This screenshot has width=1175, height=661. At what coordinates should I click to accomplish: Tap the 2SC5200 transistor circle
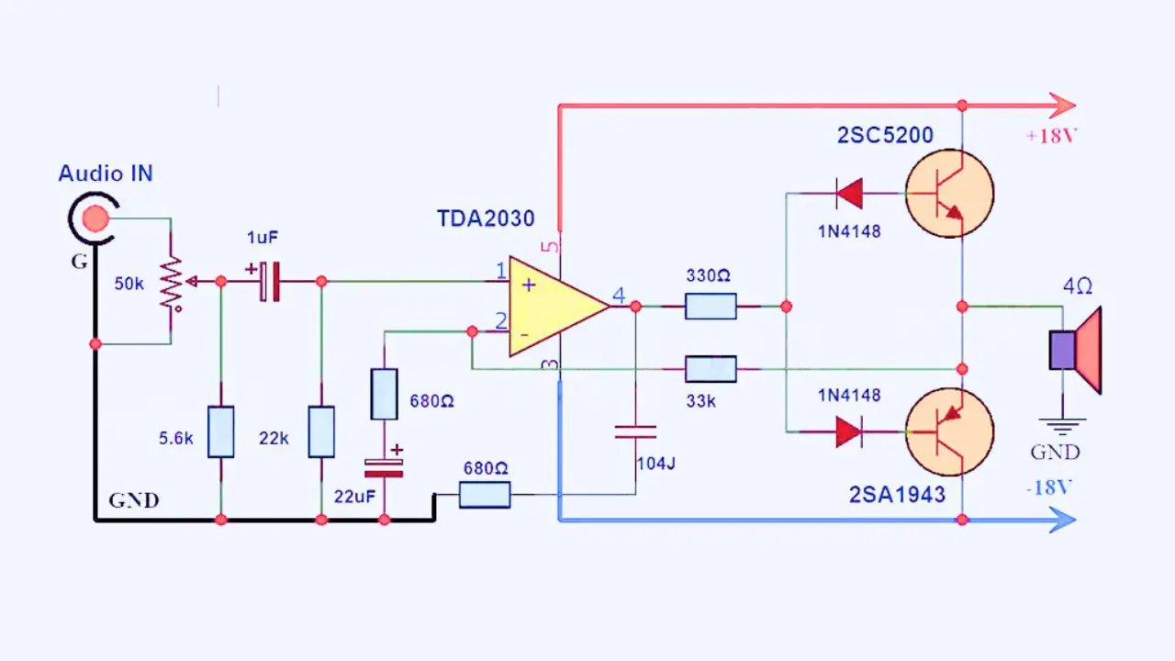[949, 194]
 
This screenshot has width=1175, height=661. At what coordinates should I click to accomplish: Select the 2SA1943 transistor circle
[949, 431]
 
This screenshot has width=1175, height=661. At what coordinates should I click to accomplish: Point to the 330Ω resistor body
[711, 306]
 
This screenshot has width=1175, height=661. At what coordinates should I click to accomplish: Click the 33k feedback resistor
[711, 369]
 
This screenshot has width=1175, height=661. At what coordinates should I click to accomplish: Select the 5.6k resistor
[220, 431]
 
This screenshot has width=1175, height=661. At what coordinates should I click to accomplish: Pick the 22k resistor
[321, 431]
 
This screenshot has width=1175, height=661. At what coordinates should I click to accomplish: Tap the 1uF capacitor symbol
[269, 281]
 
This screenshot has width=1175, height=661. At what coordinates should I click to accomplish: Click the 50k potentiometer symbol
[171, 282]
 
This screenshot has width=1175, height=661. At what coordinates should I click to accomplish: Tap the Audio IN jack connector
[93, 218]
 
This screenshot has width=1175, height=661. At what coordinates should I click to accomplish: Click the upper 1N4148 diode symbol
[849, 194]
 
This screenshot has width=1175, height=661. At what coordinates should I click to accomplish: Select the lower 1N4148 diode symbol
[849, 431]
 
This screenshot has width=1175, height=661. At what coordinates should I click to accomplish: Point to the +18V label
[1051, 136]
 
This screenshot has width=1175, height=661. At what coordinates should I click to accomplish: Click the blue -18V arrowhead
[1062, 520]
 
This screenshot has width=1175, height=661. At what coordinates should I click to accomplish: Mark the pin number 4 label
[620, 296]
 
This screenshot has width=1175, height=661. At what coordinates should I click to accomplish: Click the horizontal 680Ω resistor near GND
[484, 496]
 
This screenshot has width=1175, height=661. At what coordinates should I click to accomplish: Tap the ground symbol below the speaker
[1062, 424]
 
